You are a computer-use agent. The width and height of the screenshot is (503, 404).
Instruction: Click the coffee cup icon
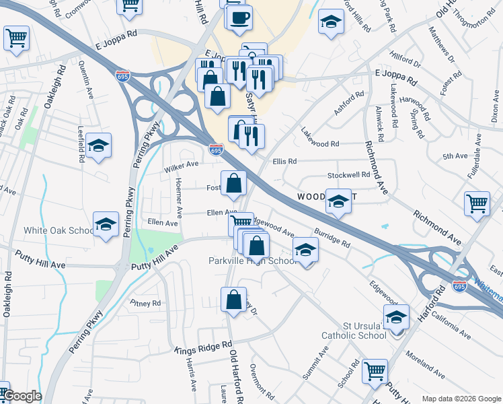[x=239, y=18]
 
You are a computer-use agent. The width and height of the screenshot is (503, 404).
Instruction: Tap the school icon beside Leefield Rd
[x=98, y=145]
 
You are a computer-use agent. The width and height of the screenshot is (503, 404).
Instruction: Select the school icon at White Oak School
[x=106, y=225]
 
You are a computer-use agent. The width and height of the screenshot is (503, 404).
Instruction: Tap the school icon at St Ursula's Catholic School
[x=396, y=316]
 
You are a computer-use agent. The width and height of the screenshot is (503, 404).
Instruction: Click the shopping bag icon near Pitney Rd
[x=233, y=300]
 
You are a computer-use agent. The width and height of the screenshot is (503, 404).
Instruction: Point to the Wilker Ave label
[x=182, y=165]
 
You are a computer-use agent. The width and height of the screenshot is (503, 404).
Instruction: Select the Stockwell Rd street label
[x=348, y=175]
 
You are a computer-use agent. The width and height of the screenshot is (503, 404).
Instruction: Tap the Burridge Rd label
[x=332, y=238]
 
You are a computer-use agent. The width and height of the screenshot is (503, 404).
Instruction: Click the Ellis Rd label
[x=284, y=162]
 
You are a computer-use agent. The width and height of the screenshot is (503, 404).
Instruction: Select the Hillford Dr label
[x=405, y=63]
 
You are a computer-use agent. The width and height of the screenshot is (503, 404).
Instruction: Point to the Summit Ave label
[x=315, y=361]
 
